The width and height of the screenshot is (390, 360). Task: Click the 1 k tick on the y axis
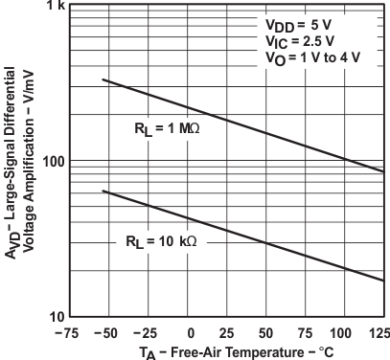tap(53, 8)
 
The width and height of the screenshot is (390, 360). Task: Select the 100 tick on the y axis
tap(51, 161)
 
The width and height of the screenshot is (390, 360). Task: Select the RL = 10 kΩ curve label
tap(160, 241)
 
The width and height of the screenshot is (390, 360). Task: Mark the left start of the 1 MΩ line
tap(103, 79)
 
